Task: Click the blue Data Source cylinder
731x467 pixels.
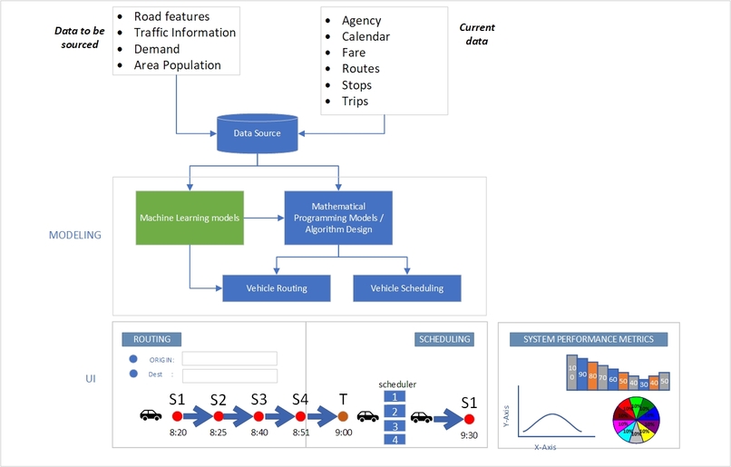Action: [x=257, y=133]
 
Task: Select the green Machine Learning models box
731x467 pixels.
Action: [x=190, y=218]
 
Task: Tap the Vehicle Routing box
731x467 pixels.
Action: [x=277, y=288]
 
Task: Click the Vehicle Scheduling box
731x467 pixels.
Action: [x=406, y=288]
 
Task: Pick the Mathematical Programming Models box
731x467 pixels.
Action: [x=337, y=218]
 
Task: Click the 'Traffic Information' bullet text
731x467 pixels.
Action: [x=184, y=33]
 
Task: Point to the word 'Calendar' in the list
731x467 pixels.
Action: [x=365, y=37]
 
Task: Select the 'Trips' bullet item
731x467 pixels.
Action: [x=355, y=102]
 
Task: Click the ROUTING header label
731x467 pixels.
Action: [x=151, y=339]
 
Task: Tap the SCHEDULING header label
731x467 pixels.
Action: [x=443, y=339]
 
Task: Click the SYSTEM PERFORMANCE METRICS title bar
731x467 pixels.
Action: [x=589, y=339]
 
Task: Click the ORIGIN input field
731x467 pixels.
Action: [x=229, y=358]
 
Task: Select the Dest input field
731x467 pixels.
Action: [x=229, y=375]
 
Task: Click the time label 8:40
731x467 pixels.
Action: [x=259, y=433]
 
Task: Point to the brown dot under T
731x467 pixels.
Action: [x=343, y=416]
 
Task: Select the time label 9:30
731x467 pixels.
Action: [x=468, y=434]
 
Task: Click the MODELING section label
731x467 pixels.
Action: [x=74, y=235]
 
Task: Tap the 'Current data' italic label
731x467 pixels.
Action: [x=477, y=34]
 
